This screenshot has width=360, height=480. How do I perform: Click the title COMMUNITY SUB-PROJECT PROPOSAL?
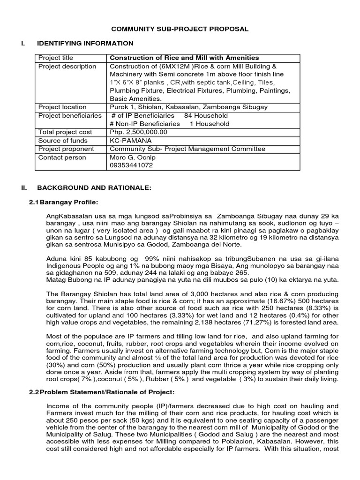[x=180, y=29]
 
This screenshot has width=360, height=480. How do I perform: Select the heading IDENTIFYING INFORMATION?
[x=85, y=44]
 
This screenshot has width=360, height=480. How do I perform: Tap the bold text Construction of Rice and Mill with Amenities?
[x=184, y=58]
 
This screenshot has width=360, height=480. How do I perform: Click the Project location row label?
[x=62, y=107]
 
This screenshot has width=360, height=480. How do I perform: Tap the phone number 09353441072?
[x=131, y=165]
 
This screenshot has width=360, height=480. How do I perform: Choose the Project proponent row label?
[x=66, y=149]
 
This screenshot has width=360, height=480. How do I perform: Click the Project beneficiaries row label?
[x=70, y=115]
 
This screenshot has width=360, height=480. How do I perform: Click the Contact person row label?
[x=62, y=157]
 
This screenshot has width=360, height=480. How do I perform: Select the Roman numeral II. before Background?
[x=24, y=188]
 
